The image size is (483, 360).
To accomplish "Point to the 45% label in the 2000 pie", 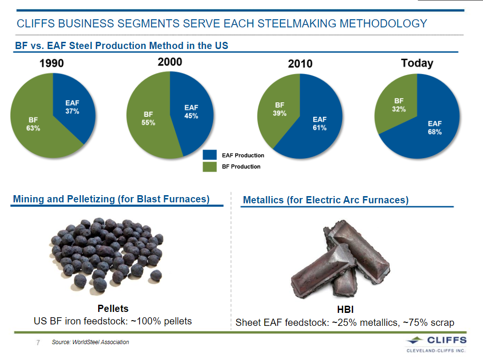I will pos(191,116).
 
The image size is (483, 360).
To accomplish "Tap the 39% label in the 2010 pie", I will pos(280,113).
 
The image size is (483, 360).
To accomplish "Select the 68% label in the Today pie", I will pos(434,132).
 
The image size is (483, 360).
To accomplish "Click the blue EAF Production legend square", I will pos(210,155).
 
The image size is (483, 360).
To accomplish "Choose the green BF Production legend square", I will pos(210,166).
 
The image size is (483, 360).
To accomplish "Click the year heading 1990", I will pos(52,63).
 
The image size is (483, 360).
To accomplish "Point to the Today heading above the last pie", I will pos(417,63).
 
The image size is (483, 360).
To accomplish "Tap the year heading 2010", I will pos(300,64).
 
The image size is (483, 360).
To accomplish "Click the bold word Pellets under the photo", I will pos(113,308).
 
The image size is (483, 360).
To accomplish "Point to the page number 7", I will pos(38,343).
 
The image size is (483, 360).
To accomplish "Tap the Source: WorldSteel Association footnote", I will pos(90,342).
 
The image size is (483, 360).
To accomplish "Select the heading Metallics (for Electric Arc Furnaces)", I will pos(326,200).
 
